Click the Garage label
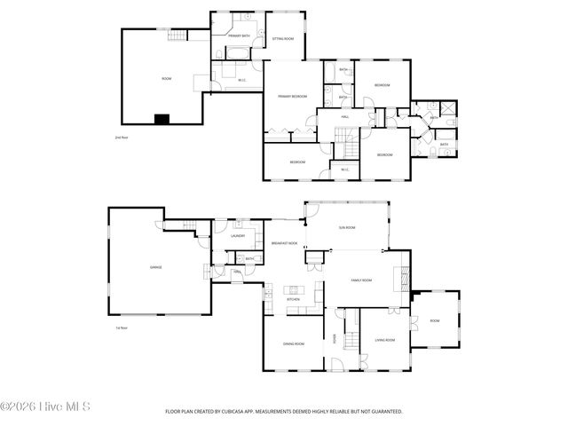click(x=155, y=266)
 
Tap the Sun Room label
click(x=347, y=228)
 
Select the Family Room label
click(x=360, y=280)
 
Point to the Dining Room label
click(x=293, y=343)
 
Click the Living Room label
click(x=384, y=340)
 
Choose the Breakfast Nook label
click(x=284, y=242)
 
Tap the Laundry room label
click(x=238, y=236)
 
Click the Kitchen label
click(x=293, y=300)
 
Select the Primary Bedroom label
click(x=292, y=96)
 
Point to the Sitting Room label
click(x=283, y=39)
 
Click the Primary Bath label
click(x=238, y=35)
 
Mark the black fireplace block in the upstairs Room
click(x=162, y=118)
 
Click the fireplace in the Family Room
click(x=409, y=276)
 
